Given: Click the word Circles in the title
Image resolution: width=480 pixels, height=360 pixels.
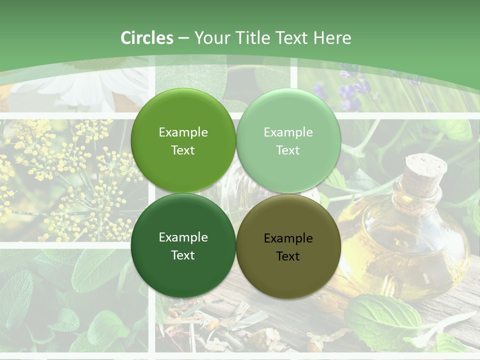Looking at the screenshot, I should click(x=147, y=38).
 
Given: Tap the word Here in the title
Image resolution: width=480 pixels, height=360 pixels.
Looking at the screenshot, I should click(x=332, y=38).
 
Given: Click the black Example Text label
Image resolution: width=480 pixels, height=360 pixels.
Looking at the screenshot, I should click(x=288, y=247).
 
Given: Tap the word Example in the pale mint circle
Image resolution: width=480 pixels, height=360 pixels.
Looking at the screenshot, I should click(x=288, y=132).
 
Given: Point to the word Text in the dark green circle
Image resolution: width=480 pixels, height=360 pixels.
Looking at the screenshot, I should click(x=183, y=255).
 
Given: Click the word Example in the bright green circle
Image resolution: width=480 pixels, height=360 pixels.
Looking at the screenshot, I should click(x=183, y=132).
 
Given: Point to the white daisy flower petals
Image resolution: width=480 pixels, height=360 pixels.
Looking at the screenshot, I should click(x=75, y=90).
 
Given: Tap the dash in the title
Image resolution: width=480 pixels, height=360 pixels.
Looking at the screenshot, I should click(x=183, y=38).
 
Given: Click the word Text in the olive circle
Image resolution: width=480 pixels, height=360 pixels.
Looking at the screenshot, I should click(x=288, y=256).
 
